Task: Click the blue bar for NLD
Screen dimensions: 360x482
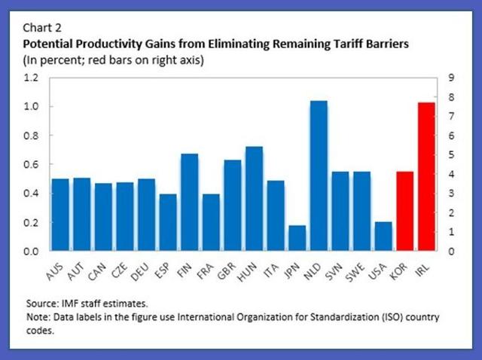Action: point(319,175)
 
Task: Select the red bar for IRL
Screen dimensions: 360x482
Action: point(426,176)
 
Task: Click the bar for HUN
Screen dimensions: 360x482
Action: point(254,198)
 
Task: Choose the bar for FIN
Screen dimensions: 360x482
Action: point(189,202)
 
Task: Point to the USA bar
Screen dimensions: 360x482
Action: point(383,236)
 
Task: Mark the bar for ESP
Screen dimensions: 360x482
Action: point(167,222)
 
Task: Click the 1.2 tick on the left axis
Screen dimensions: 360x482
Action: point(30,78)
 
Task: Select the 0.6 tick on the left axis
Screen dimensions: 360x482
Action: point(30,164)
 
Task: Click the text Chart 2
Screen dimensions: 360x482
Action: point(44,29)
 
